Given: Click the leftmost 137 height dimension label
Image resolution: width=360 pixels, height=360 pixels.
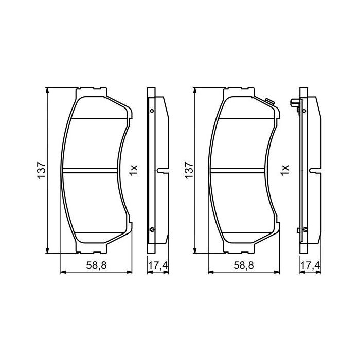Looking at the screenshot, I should coord(41,170).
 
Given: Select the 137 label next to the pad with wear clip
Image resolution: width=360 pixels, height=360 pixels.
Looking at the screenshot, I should coord(188,170).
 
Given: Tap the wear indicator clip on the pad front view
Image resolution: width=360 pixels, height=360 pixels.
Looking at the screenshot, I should coord(267,101).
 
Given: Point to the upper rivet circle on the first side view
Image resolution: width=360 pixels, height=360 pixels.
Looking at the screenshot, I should coord(151,111).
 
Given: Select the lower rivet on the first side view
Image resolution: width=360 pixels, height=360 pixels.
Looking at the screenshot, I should coord(151,230).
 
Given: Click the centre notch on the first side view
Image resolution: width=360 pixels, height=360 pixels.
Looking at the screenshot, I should coord(161,170).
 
